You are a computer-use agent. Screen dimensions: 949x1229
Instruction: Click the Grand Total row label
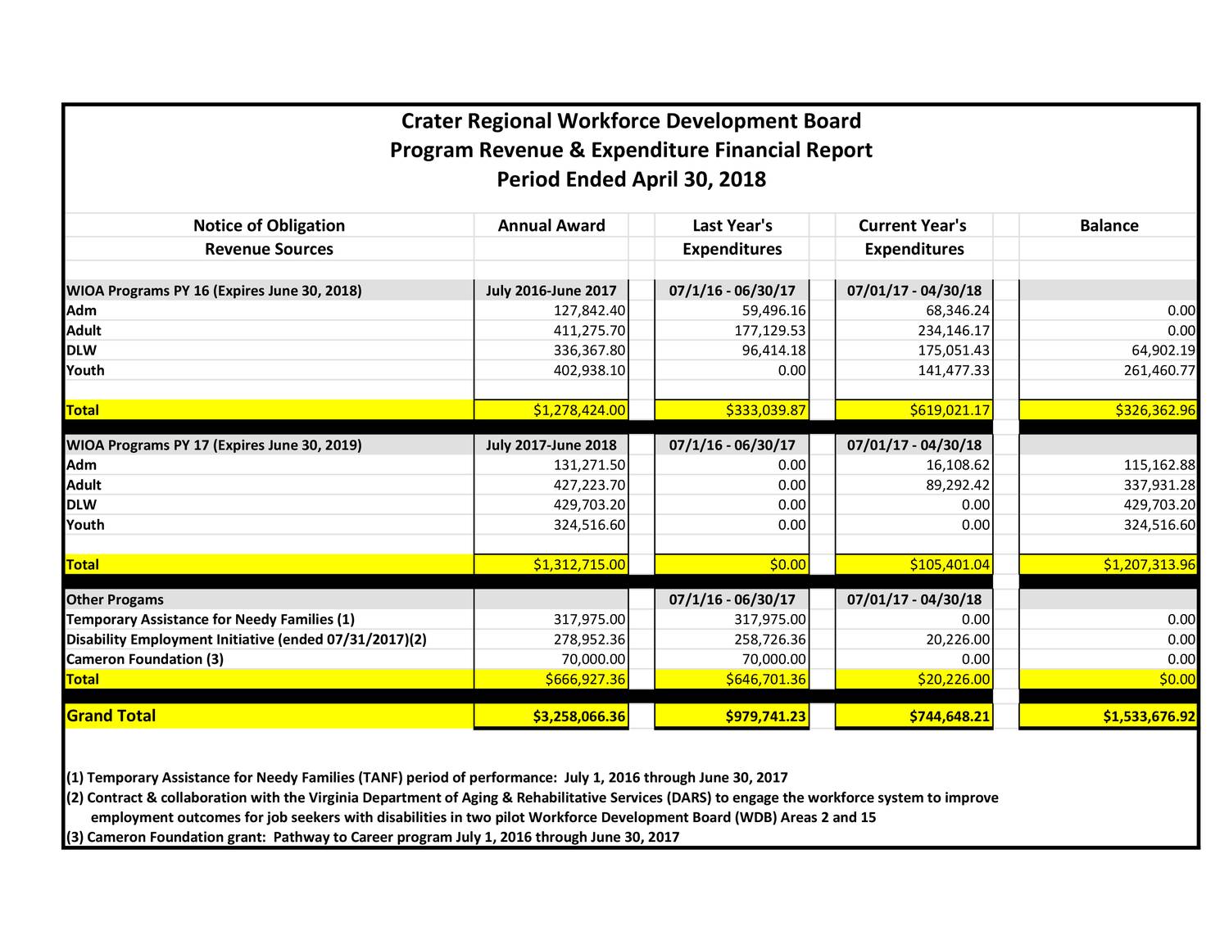111,716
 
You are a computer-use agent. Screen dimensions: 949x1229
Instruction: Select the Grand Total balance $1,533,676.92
1150,717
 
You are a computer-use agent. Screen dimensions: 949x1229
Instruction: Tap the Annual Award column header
551,226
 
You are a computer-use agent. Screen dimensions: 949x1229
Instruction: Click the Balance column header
1109,226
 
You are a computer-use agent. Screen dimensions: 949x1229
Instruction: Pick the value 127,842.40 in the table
590,311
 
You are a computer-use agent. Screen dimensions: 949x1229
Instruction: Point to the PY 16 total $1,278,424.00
579,410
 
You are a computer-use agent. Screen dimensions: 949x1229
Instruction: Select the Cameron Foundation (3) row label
145,659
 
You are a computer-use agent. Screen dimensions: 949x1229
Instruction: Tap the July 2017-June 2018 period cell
551,445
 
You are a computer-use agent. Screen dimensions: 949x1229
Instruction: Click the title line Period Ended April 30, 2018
631,179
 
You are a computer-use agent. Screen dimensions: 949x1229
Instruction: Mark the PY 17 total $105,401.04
950,565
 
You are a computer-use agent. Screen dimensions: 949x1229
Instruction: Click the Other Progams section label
115,600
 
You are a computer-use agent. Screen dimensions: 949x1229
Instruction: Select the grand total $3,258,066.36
579,717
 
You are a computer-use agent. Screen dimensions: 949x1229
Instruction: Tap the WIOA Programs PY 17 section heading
214,445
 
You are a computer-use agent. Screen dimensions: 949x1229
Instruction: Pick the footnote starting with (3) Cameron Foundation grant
373,837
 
